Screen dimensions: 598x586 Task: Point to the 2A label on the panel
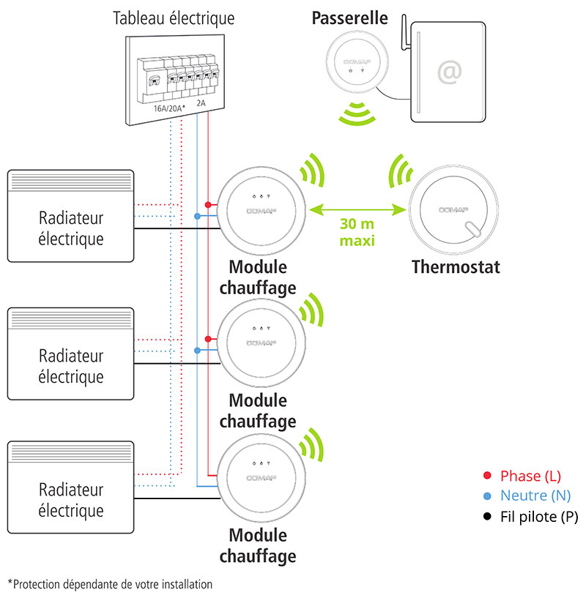pos(201,104)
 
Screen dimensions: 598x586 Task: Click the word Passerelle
pos(349,18)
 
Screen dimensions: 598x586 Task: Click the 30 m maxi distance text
pos(357,232)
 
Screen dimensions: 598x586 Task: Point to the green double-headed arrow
pos(357,211)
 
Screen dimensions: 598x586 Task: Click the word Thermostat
pos(456,266)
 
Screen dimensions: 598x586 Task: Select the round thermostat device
pos(453,209)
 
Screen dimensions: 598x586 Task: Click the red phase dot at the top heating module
pos(208,204)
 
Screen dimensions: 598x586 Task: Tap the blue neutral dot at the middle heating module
pos(197,351)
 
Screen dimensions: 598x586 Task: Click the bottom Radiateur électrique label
pos(71,500)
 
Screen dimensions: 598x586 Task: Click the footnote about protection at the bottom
pos(110,584)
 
